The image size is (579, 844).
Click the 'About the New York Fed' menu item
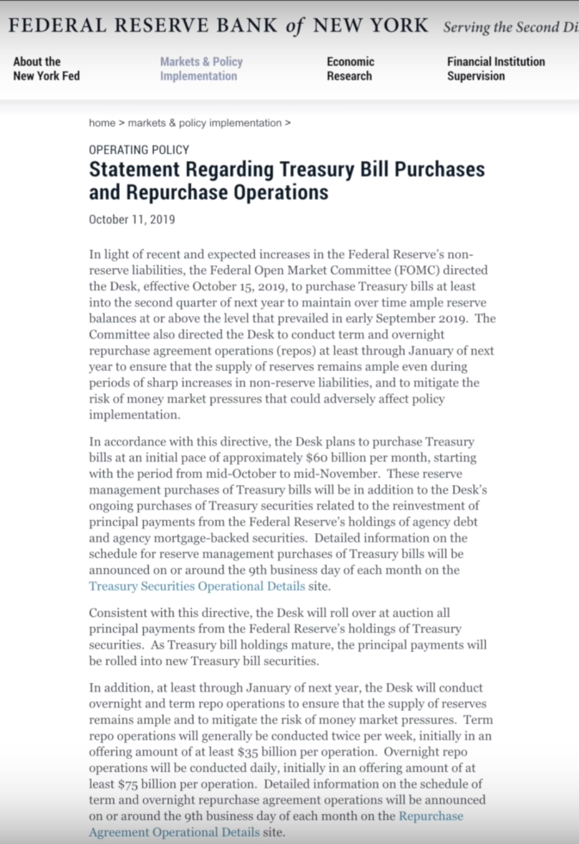[46, 69]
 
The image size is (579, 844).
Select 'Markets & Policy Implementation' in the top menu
[201, 69]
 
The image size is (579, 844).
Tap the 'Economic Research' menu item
[350, 69]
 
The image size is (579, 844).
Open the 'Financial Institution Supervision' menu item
[496, 69]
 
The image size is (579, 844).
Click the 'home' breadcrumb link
[102, 123]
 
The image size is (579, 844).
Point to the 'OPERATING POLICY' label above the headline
[139, 150]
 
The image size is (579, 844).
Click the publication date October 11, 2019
[131, 219]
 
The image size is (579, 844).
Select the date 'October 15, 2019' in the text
[239, 286]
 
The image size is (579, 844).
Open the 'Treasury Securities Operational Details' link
[197, 586]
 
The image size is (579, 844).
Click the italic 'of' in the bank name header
[294, 27]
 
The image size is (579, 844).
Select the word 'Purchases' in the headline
[439, 169]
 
